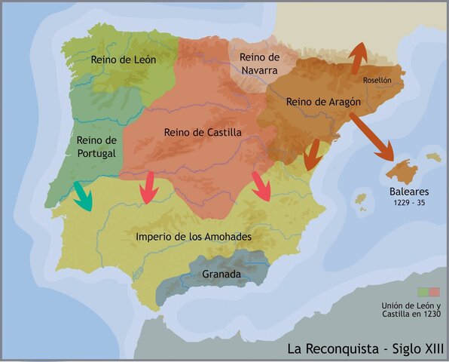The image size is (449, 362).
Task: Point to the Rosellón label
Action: coord(377,79)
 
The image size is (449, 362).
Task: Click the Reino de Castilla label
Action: coord(203,132)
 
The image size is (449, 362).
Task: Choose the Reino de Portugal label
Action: coord(96,146)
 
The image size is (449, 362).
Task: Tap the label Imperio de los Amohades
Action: coord(194,236)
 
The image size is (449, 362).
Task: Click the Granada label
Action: coord(221,275)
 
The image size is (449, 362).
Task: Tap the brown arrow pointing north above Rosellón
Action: coord(359,55)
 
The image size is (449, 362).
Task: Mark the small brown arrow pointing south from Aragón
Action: coord(311,154)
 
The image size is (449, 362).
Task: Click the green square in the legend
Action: coord(423,292)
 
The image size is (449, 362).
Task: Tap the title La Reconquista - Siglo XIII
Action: coord(365,348)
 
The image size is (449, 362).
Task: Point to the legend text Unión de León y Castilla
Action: coord(411,308)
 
